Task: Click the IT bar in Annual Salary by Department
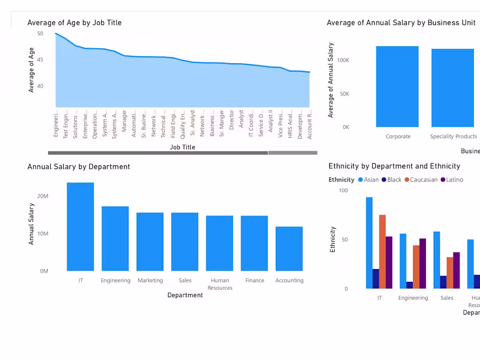80,227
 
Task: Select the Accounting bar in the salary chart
289,249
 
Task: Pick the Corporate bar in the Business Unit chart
397,87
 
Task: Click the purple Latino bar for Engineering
423,264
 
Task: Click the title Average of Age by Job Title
75,23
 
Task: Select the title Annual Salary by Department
79,167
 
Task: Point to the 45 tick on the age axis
40,60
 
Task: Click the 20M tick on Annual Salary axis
43,196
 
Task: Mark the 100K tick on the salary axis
343,60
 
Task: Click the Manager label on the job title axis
124,121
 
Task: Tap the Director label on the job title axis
232,120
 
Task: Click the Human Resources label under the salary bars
220,284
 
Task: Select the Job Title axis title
182,147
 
